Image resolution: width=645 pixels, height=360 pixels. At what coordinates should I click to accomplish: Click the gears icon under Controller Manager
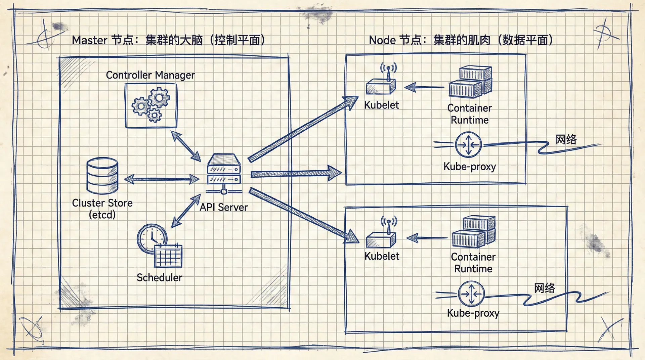[151, 105]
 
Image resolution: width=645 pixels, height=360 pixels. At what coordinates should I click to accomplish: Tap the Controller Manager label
[150, 75]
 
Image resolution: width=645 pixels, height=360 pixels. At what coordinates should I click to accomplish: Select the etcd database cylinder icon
[102, 175]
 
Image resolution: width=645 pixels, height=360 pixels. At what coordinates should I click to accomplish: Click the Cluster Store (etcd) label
[102, 209]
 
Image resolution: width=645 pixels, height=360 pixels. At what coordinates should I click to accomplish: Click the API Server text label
[224, 207]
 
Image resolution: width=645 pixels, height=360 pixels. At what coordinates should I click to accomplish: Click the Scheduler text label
[159, 277]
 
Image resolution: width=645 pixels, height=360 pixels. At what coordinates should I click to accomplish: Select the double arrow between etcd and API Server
[162, 179]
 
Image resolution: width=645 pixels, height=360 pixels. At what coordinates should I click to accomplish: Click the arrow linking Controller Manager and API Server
[186, 146]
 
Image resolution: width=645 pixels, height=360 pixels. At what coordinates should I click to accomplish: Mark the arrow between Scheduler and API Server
[186, 211]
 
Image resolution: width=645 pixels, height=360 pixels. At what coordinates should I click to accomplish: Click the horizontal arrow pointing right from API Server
[296, 174]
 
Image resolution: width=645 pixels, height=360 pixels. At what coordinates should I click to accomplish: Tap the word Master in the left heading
[89, 40]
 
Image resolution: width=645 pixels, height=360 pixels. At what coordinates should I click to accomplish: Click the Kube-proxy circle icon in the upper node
[468, 145]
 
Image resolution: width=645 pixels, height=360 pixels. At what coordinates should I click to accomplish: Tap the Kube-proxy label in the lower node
[473, 313]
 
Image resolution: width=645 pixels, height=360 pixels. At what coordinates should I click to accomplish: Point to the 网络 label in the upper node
[566, 139]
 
